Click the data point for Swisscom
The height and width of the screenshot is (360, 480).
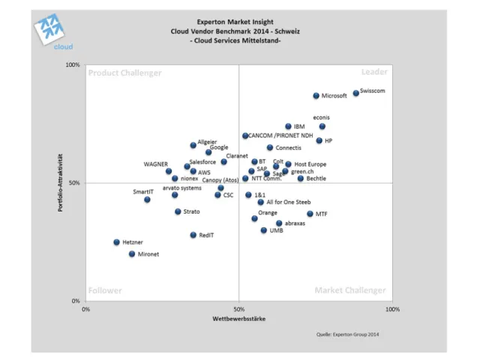(x=355, y=93)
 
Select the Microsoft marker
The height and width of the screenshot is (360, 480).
(x=316, y=96)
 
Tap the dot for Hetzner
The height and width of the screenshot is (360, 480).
(x=116, y=242)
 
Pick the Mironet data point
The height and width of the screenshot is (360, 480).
(x=132, y=254)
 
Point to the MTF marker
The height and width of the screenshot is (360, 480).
(x=310, y=214)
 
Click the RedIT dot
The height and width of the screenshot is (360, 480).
(x=193, y=235)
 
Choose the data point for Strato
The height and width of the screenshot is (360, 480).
(x=178, y=211)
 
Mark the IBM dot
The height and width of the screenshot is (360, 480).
(x=288, y=127)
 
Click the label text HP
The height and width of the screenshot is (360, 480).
(x=328, y=141)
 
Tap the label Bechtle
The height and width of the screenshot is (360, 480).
(x=316, y=178)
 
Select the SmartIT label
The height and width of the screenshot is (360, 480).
(x=143, y=192)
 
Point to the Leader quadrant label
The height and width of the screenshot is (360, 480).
(x=374, y=72)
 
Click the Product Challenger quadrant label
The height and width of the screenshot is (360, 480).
(x=124, y=73)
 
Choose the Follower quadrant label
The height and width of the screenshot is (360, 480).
(x=105, y=290)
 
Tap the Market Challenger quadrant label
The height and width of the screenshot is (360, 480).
(x=350, y=290)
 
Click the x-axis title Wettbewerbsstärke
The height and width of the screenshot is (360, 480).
(x=238, y=319)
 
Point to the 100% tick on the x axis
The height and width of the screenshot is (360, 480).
(x=392, y=309)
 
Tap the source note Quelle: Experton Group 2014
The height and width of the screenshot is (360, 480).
(x=348, y=334)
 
